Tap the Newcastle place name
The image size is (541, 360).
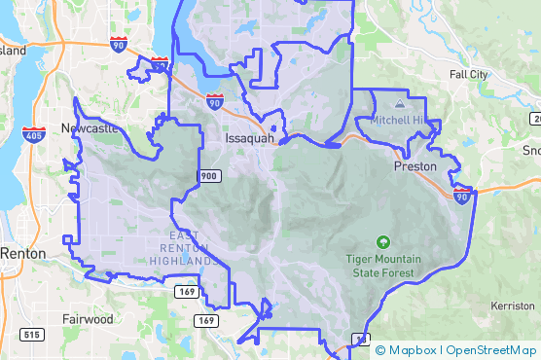coord(89,127)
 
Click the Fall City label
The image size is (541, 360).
coord(469,74)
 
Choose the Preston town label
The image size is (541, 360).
coord(415,166)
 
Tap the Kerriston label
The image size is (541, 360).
coord(513,306)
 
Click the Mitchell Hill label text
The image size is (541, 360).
coord(399,120)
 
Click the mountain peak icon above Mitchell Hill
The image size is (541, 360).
coord(398,102)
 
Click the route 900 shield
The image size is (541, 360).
coord(210,176)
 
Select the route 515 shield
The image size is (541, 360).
coord(31,335)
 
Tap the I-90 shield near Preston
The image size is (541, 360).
coord(462,196)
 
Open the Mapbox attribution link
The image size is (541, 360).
coord(412,350)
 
